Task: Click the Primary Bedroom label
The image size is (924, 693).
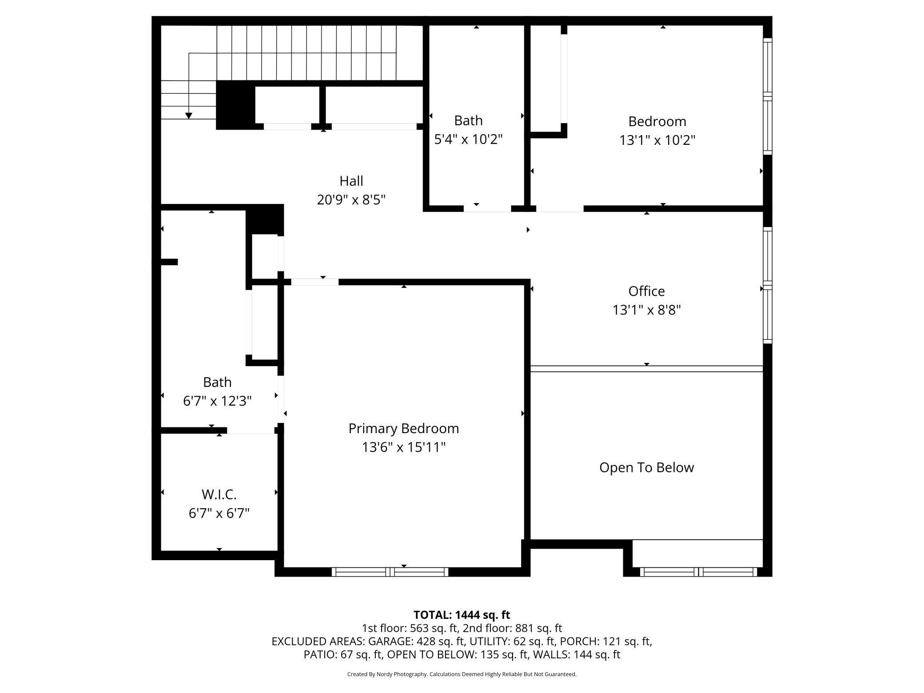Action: click(403, 429)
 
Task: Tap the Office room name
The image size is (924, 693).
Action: click(646, 291)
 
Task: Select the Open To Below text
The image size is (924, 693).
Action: click(646, 467)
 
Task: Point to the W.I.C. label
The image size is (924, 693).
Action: click(219, 494)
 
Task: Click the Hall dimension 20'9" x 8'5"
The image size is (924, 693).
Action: click(351, 200)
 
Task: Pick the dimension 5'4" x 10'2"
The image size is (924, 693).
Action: click(468, 139)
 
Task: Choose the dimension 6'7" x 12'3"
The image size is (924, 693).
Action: click(217, 401)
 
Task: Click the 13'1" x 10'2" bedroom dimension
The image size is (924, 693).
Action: click(657, 140)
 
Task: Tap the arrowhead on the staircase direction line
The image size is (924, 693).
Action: click(189, 115)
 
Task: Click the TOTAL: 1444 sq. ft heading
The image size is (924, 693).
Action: click(462, 615)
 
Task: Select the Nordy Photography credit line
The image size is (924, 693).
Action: click(462, 674)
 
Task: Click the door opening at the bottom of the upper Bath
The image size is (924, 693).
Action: click(487, 208)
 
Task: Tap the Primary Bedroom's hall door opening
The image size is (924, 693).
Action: click(315, 282)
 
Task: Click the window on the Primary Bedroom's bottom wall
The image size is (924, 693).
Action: click(390, 572)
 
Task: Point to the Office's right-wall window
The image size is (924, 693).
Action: click(767, 285)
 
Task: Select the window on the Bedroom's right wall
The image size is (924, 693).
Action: click(767, 96)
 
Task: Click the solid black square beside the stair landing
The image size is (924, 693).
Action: click(235, 106)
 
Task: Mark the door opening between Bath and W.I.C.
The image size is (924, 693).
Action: click(251, 430)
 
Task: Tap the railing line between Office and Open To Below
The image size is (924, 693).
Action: click(646, 369)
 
